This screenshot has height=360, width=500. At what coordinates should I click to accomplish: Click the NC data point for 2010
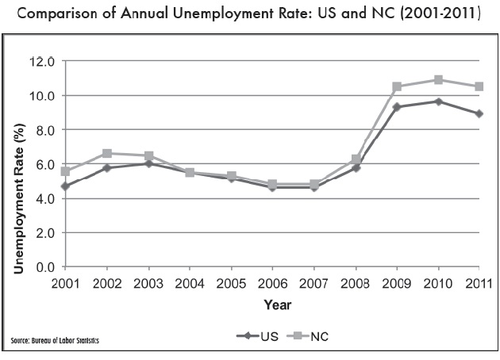pyautogui.click(x=438, y=80)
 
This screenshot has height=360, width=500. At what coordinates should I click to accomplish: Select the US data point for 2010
pyautogui.click(x=438, y=101)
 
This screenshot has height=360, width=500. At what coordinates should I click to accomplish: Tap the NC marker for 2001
pyautogui.click(x=66, y=171)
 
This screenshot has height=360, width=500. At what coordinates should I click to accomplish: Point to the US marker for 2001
pyautogui.click(x=66, y=186)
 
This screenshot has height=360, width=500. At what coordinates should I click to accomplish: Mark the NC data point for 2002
pyautogui.click(x=107, y=153)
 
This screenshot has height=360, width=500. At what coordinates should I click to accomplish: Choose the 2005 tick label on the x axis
pyautogui.click(x=231, y=281)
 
